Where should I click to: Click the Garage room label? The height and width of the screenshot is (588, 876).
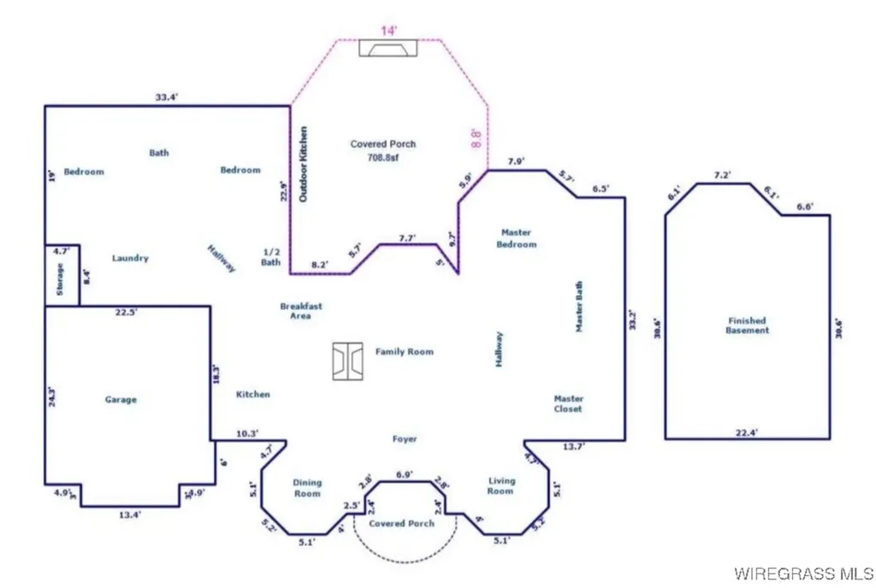(121, 399)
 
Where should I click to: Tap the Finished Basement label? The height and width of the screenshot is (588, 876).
(746, 326)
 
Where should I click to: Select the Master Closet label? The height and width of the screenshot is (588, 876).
(568, 403)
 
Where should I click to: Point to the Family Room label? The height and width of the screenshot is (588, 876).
(404, 351)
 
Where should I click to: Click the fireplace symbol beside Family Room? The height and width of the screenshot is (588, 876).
(349, 362)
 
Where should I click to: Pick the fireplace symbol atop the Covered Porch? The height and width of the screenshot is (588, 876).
(388, 49)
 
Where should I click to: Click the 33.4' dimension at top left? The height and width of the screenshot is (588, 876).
(166, 97)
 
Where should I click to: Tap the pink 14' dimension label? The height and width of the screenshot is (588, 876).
(389, 30)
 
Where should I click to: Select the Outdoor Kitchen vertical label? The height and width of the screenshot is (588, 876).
(303, 164)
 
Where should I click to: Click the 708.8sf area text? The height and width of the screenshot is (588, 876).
(382, 157)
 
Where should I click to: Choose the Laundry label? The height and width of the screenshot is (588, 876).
(130, 257)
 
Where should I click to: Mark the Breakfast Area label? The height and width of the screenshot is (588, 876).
(301, 310)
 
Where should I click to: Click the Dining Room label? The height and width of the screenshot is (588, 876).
(307, 488)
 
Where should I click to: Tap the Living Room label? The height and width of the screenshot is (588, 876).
(500, 485)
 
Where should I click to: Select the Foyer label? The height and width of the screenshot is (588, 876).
(405, 439)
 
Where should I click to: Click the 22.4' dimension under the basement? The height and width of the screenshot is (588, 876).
(747, 432)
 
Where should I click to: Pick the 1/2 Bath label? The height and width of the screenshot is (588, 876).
(271, 256)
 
